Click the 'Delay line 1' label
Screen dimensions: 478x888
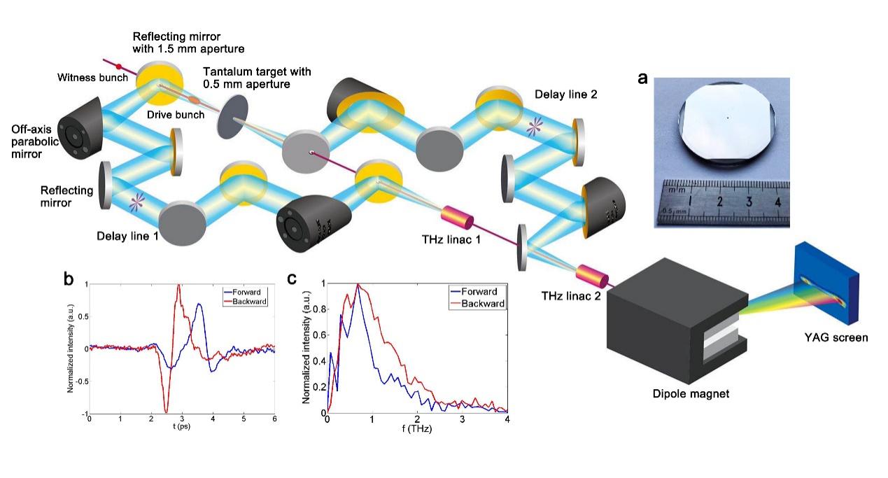coord(128,237)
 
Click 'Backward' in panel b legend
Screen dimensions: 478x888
coord(246,301)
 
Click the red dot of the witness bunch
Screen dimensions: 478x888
coord(120,68)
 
